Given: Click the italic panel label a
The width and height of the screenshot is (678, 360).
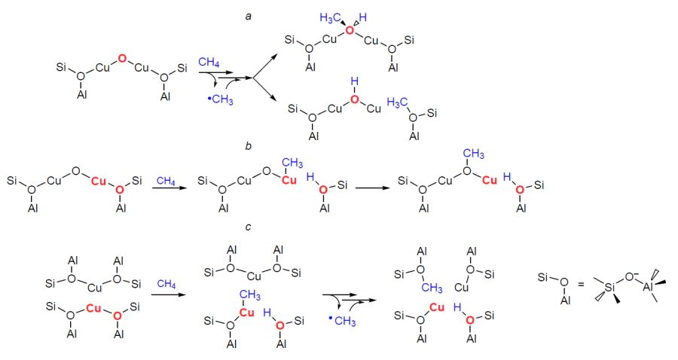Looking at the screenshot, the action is coord(248,17).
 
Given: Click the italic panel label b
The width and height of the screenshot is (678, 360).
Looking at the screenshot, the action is coord(248,146).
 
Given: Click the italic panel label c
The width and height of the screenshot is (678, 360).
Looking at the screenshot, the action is coord(248,227).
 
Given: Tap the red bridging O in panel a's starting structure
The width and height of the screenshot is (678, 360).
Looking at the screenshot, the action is coord(122,58).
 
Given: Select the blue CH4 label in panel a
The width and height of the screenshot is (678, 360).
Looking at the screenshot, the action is coord(209,63).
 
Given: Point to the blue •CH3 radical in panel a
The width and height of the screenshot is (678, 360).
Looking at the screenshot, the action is coord(221,100).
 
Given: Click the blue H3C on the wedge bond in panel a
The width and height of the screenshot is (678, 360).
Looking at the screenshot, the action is coord(331,18).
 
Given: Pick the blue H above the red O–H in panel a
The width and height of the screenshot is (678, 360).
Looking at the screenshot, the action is coord(355,81).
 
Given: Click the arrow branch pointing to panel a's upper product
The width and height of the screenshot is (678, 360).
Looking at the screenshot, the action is coord(264,66).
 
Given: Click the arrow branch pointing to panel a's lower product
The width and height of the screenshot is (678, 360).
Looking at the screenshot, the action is coord(264,90).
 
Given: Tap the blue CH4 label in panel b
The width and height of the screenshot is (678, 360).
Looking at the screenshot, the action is coord(166,181).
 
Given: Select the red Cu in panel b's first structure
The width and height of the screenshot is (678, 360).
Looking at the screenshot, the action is coord(99,181).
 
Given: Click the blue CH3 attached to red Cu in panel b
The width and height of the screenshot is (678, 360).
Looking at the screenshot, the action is coord(292,163).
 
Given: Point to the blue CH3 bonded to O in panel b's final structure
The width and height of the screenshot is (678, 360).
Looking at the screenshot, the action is coord(474,154).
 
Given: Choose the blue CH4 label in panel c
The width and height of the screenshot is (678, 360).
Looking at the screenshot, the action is coord(166,284).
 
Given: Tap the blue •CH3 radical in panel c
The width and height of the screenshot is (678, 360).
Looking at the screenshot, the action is coord(342,321).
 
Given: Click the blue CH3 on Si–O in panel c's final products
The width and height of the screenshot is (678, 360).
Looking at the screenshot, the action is coord(432,288).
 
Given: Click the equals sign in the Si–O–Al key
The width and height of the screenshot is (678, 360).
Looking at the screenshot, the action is coord(581,285).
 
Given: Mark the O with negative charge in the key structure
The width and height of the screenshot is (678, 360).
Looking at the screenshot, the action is coord(630,276).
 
